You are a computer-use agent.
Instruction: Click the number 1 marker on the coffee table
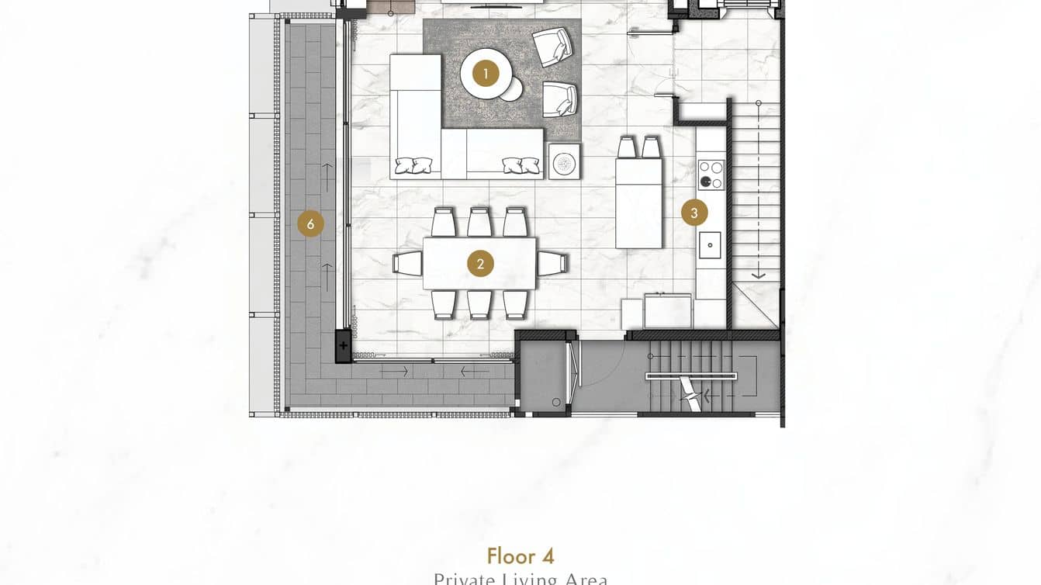coord(486,74)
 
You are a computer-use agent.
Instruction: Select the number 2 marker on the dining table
coord(480,264)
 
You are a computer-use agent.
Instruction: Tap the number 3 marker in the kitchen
coord(694,213)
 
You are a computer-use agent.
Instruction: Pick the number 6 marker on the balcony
coord(310,224)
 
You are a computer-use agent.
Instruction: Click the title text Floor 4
coord(520,556)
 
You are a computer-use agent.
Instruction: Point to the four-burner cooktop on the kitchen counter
coord(711,175)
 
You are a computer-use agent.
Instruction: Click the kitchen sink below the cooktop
coord(710,245)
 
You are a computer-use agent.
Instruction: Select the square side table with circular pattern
coord(564,161)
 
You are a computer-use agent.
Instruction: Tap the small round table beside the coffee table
coord(512,90)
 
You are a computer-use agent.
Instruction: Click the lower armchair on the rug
coord(559,99)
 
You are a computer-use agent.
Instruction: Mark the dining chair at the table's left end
coord(408,263)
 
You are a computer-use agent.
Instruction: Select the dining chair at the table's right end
coord(552,263)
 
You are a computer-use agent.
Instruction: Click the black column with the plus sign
coord(344,345)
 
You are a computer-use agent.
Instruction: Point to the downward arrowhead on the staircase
coord(758,275)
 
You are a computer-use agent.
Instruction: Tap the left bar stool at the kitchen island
coord(628,147)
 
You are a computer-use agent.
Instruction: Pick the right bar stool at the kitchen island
coord(651,147)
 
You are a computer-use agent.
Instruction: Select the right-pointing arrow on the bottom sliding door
coord(395,372)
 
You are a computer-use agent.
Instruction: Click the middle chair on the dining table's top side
coord(479,222)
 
